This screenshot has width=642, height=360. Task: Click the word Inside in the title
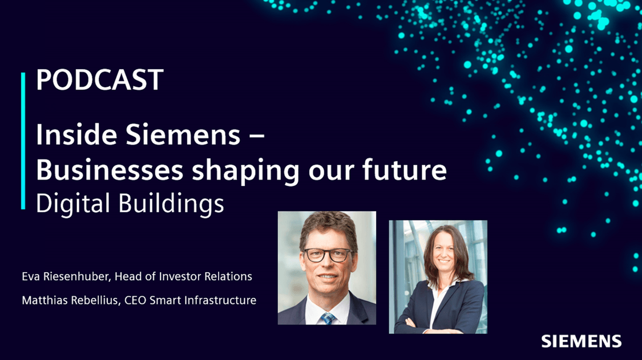[x=76, y=134]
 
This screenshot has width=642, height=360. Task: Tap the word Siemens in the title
[x=183, y=134]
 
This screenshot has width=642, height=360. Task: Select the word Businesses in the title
[x=110, y=169]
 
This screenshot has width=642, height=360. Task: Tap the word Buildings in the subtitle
[x=171, y=204]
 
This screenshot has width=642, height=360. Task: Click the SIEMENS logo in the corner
[x=581, y=341]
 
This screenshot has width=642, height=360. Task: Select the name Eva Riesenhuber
[x=66, y=277]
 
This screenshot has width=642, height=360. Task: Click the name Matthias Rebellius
[x=70, y=300]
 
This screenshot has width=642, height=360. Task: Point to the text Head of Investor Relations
[x=183, y=277]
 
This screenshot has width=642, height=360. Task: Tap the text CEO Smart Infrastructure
[x=191, y=300]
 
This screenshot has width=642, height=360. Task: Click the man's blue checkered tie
[x=328, y=318]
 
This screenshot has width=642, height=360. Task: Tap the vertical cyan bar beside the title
[x=23, y=141]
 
